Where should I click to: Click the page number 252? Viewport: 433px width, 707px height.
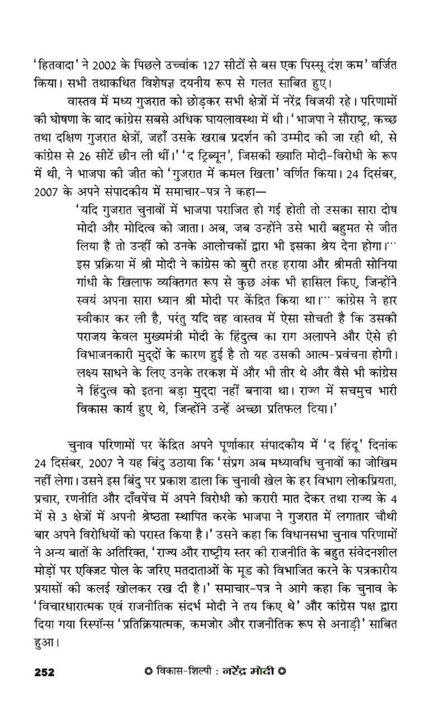pos(44,672)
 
